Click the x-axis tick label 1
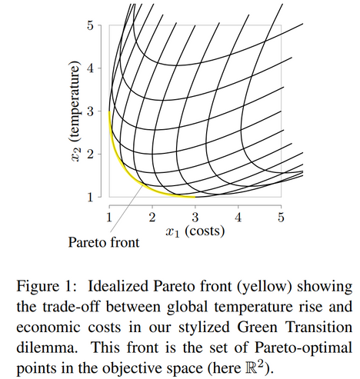click(109, 218)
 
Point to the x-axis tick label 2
click(152, 218)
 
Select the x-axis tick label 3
click(195, 218)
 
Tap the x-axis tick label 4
click(238, 218)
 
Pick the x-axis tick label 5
click(282, 218)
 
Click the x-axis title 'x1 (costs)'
click(195, 232)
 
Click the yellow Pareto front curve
click(127, 172)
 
